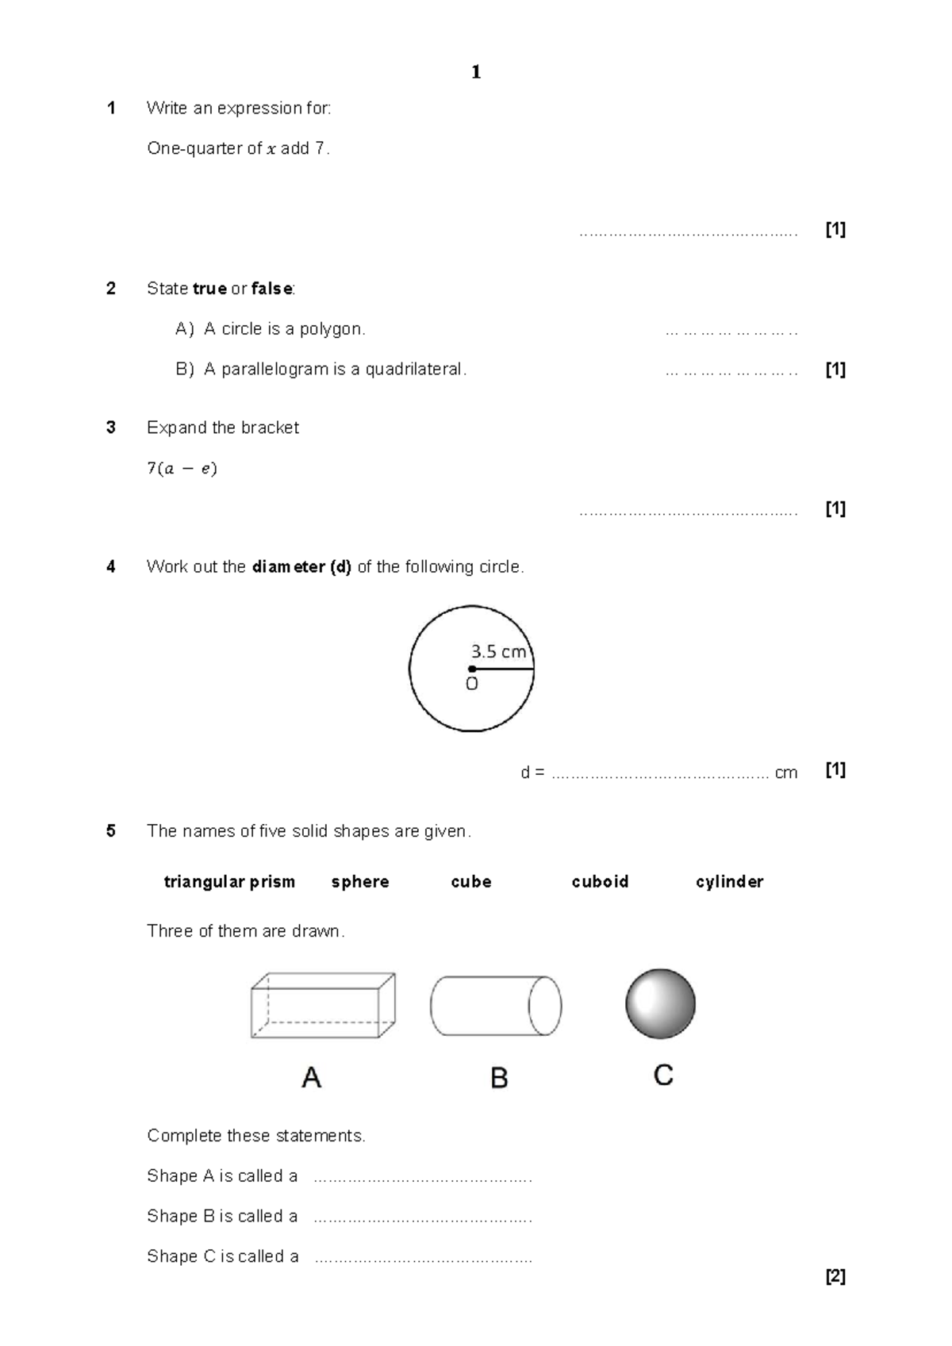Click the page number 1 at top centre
tap(476, 72)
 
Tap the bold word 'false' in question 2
tap(272, 289)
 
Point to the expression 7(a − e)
tap(182, 469)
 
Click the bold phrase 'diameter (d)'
tap(301, 567)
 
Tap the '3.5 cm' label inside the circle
tap(498, 652)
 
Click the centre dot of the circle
tap(472, 669)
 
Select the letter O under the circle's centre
tap(472, 685)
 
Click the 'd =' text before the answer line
tap(532, 773)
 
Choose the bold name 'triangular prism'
tap(229, 882)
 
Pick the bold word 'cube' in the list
tap(471, 882)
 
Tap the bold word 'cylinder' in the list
tap(729, 882)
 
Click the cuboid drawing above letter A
tap(323, 1006)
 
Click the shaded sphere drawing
tap(660, 1003)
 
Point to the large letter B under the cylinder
tap(499, 1078)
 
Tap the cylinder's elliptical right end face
tap(545, 1006)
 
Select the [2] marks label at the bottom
tap(835, 1277)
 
